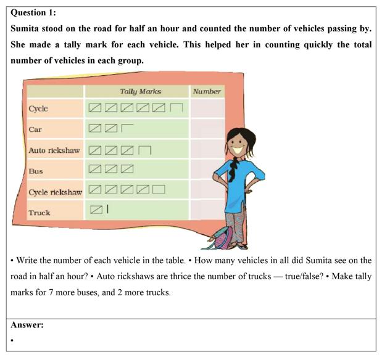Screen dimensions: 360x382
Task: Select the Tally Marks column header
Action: [x=140, y=91]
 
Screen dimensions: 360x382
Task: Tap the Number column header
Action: [x=207, y=91]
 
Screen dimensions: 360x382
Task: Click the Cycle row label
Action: [x=38, y=108]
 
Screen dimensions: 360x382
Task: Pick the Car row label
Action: [x=35, y=129]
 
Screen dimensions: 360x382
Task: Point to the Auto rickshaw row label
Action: [x=54, y=150]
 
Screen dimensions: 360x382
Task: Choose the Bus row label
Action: [x=36, y=171]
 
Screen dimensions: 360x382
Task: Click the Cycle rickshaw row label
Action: [x=55, y=192]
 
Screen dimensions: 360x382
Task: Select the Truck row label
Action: [x=39, y=213]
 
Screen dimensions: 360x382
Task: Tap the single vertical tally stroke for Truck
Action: [x=107, y=210]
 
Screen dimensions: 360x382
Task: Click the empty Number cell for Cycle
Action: [x=206, y=108]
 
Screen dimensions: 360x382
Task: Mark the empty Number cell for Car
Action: [x=206, y=129]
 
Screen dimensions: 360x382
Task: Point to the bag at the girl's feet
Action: [x=220, y=237]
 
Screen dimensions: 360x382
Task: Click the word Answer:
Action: [x=27, y=325]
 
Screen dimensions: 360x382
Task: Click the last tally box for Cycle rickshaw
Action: [x=159, y=189]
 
